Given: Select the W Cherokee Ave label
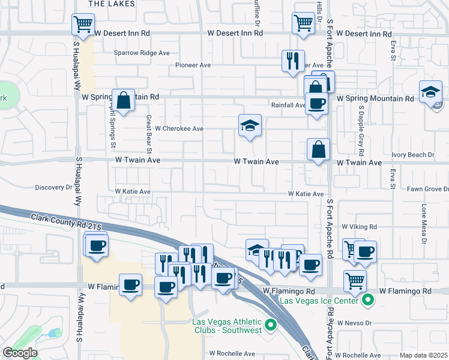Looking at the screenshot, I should [179, 128].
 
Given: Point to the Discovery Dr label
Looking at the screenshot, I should [53, 188].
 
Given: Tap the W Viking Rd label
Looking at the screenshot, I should [359, 227].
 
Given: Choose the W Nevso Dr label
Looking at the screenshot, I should [355, 323].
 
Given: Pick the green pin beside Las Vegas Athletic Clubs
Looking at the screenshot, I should [271, 326].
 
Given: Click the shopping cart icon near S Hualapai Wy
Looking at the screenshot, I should [83, 25].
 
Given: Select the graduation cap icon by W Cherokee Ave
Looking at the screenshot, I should [250, 125].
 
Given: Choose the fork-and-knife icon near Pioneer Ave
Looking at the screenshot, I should [293, 61].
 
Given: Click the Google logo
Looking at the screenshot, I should [20, 353].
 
